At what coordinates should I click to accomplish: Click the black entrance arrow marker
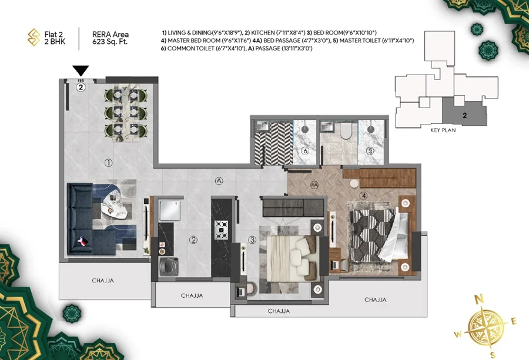(81, 71)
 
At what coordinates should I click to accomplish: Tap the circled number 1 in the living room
(108, 163)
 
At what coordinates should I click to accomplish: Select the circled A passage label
(219, 181)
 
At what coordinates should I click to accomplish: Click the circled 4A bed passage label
(314, 185)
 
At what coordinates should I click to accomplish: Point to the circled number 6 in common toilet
(305, 150)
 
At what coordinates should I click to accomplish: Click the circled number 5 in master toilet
(370, 151)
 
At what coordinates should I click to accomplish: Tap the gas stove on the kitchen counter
(222, 230)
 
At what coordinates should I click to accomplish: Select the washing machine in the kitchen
(169, 267)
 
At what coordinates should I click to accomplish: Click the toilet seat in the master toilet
(346, 131)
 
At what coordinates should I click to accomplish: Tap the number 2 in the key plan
(464, 115)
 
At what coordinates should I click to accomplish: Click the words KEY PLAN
(443, 130)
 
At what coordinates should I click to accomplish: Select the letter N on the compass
(479, 299)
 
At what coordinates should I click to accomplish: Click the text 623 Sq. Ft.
(110, 42)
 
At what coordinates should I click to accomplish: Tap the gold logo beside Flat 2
(34, 37)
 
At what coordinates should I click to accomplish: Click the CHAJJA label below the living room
(103, 281)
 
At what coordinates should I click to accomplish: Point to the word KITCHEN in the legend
(263, 33)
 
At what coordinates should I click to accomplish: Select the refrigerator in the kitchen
(170, 210)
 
